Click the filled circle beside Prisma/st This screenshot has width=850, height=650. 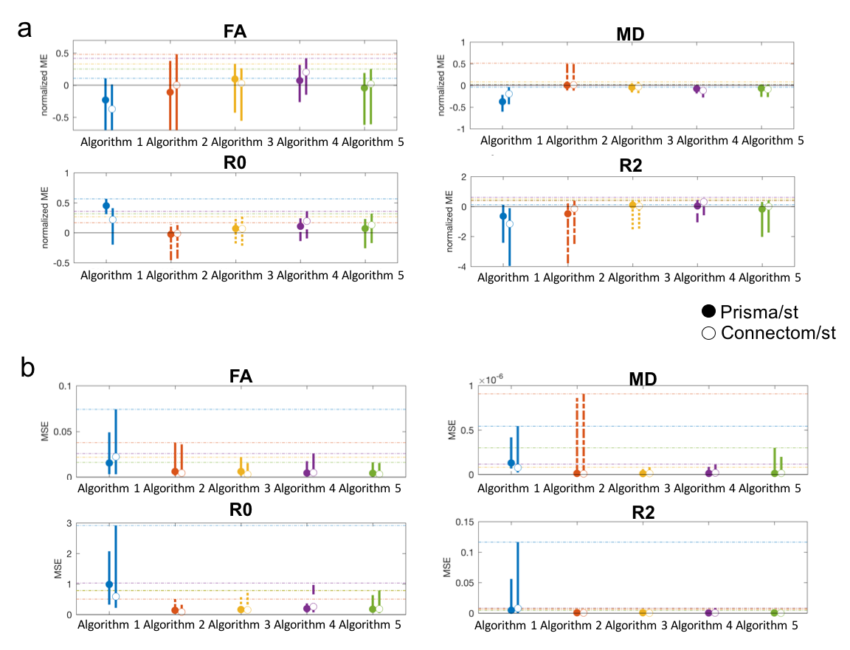[709, 312]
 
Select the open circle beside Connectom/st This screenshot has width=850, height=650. [709, 333]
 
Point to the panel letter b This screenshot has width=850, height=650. [27, 367]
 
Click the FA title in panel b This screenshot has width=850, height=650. [238, 376]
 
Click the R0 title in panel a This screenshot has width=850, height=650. [238, 164]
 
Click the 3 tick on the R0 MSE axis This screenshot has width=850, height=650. [69, 524]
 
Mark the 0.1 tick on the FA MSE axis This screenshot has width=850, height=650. [65, 387]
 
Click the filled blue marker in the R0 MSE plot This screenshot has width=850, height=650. [109, 584]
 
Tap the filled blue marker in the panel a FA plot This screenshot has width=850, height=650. [106, 99]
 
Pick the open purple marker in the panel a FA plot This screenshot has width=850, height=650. [306, 72]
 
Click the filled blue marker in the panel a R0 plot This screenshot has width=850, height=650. [106, 206]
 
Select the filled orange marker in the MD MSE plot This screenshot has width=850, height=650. [577, 472]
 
